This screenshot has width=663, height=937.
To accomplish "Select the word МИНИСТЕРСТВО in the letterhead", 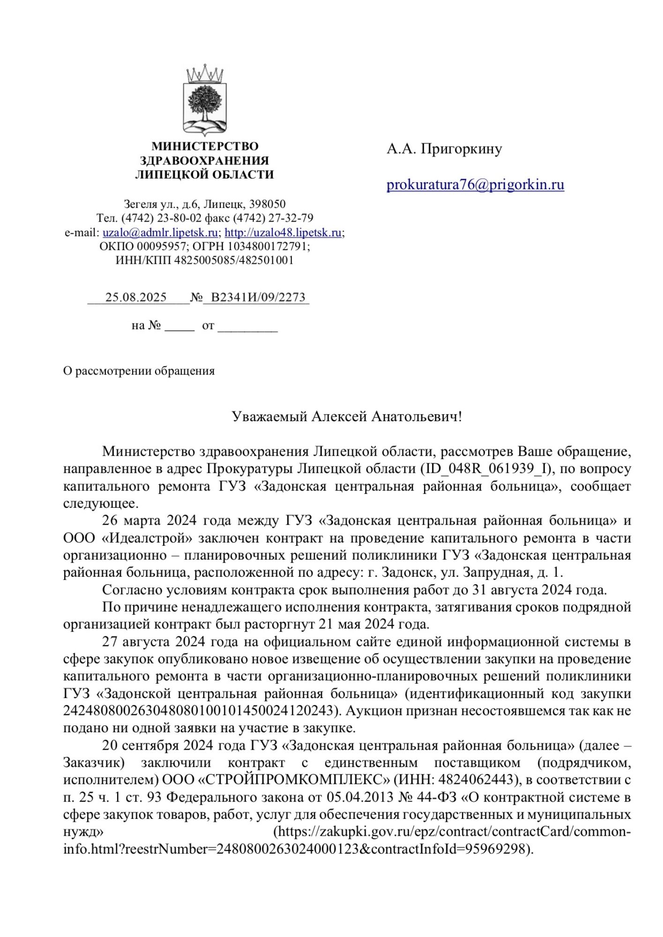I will click(x=205, y=147).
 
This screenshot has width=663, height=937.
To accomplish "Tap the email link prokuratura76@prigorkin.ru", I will click(x=475, y=185).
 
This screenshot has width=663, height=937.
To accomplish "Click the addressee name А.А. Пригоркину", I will click(x=444, y=149).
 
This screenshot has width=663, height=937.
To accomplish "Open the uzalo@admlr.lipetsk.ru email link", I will click(x=160, y=232).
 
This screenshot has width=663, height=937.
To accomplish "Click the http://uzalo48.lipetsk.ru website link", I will click(x=283, y=232).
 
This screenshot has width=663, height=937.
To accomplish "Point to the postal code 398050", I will click(x=268, y=204).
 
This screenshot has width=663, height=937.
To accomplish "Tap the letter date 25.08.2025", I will click(x=136, y=297).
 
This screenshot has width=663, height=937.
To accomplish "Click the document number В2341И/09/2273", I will click(x=258, y=297).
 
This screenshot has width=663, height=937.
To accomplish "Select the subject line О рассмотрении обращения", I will click(x=139, y=371).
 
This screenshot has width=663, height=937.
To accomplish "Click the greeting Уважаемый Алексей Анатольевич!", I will click(x=347, y=416).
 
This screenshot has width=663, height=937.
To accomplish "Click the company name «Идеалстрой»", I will click(x=147, y=538).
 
